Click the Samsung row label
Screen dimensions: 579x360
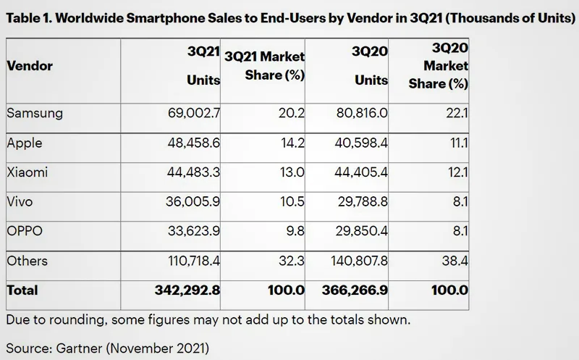[x=35, y=114]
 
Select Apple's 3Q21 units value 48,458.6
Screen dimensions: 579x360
[x=193, y=143]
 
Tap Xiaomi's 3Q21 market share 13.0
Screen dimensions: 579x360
[x=292, y=172]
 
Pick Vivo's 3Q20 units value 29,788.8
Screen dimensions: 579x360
[x=363, y=202]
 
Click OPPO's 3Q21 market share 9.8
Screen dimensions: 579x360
[x=295, y=231]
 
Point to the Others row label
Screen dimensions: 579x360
[x=27, y=261]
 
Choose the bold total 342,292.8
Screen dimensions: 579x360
[x=187, y=290]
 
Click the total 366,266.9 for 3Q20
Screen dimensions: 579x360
[x=355, y=290]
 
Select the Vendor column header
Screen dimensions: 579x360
[x=30, y=66]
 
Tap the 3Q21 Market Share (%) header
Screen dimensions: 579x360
[x=264, y=66]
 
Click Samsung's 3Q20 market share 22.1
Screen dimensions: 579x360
[x=457, y=113]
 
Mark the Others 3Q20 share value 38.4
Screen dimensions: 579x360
[x=455, y=261]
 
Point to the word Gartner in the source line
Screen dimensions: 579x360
[x=79, y=348]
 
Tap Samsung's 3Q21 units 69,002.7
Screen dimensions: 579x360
[x=194, y=113]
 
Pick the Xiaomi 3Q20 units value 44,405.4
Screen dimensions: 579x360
[x=361, y=172]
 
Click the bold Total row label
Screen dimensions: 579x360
[x=22, y=290]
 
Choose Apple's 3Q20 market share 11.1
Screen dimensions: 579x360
[x=459, y=143]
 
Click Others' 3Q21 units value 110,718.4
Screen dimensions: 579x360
[x=194, y=261]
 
